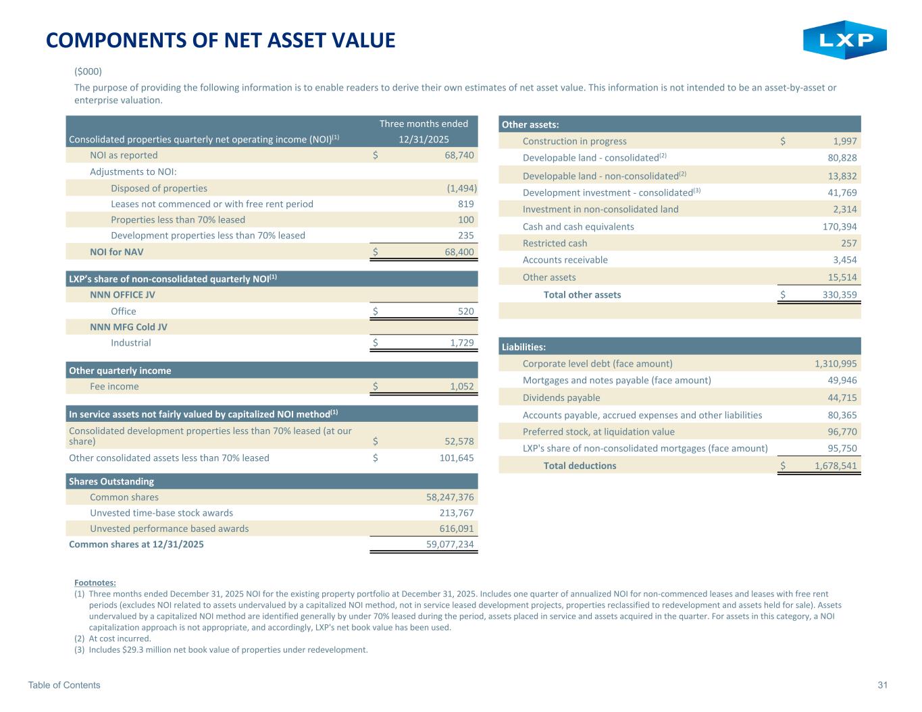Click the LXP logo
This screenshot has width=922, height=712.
click(x=844, y=40)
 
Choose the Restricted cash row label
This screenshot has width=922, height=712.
click(x=555, y=243)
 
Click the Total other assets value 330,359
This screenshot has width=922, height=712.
click(x=835, y=295)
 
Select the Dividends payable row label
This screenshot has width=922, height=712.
click(x=561, y=398)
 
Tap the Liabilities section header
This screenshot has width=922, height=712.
click(x=523, y=347)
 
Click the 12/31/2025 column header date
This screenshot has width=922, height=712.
click(x=424, y=139)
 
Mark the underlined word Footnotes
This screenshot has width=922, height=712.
click(x=95, y=582)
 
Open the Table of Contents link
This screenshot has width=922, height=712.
click(x=64, y=685)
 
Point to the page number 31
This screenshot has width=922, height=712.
click(x=882, y=685)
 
